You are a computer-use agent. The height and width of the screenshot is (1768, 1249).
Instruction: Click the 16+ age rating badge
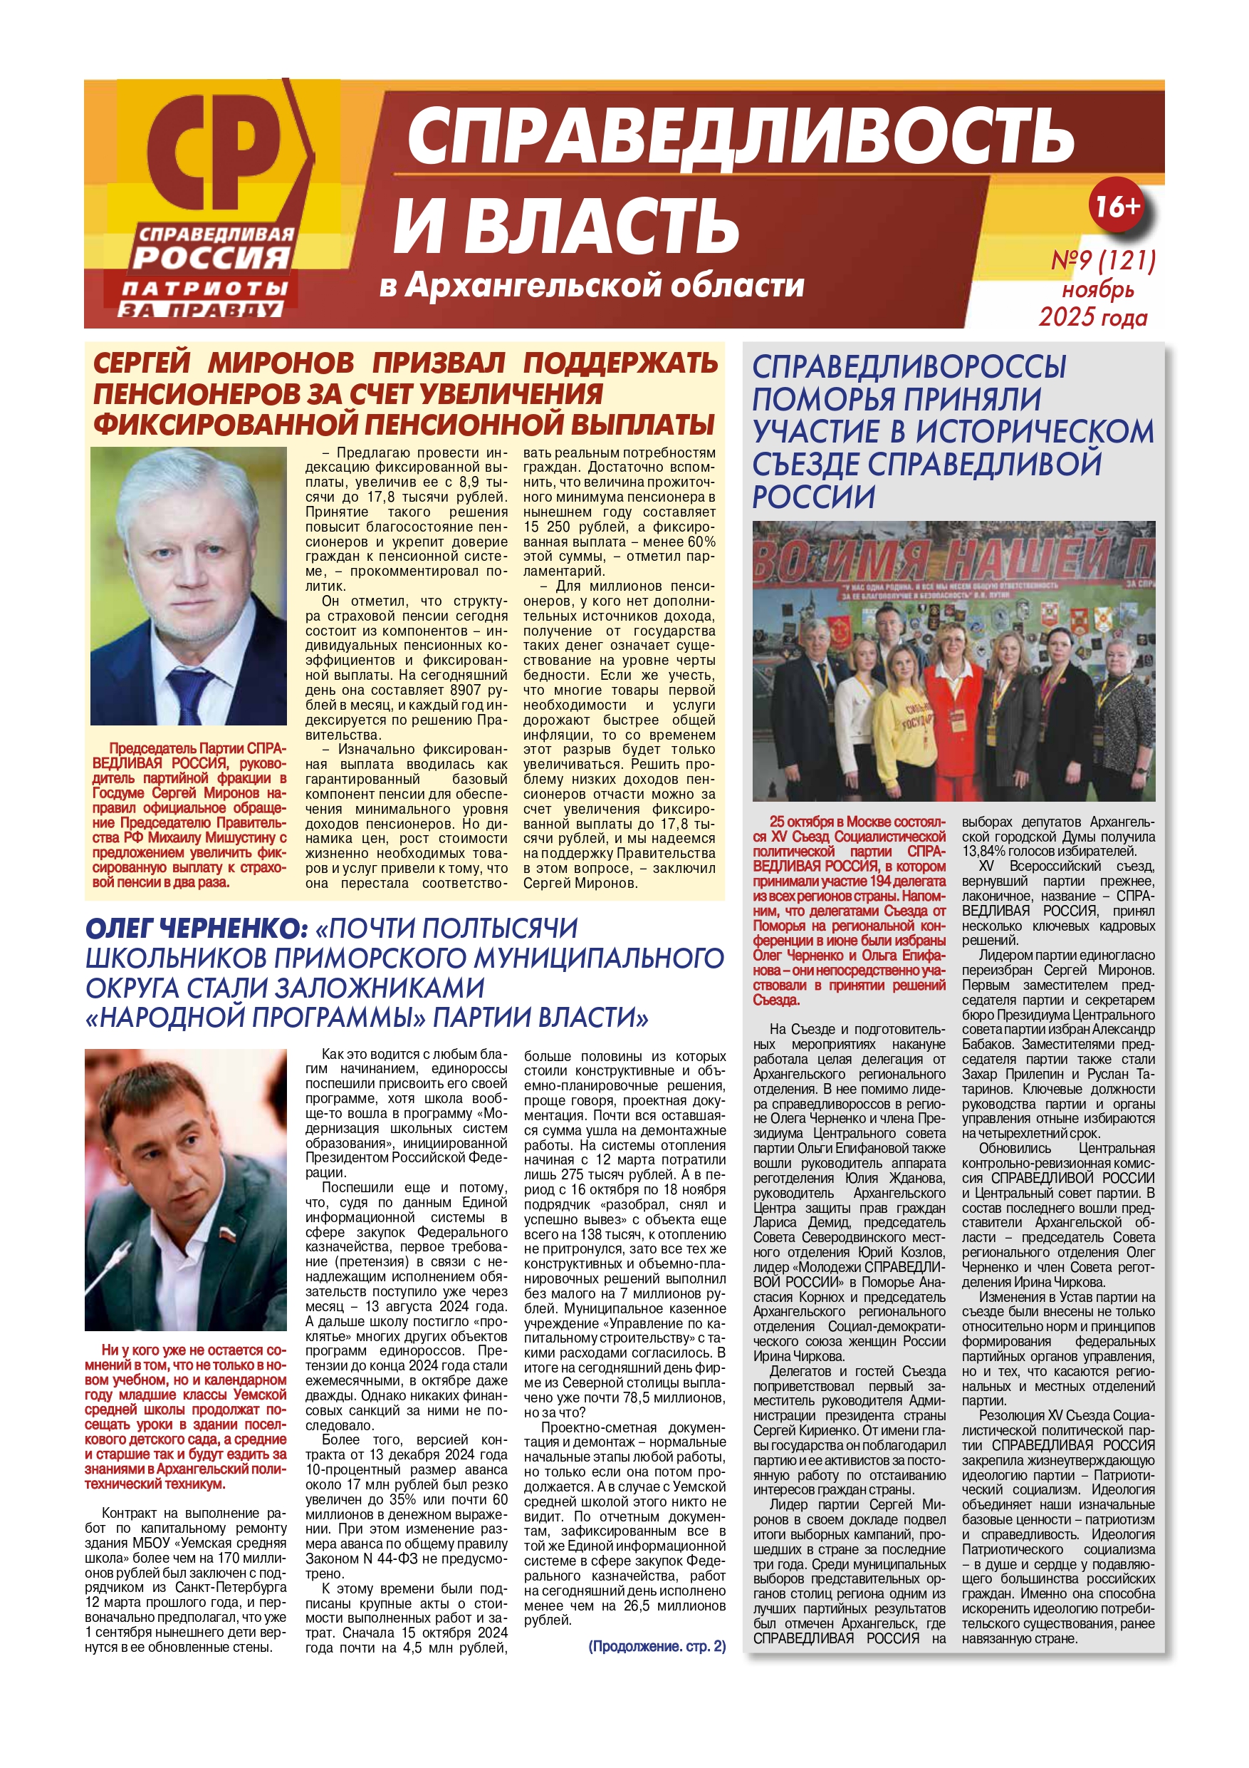click(x=1117, y=206)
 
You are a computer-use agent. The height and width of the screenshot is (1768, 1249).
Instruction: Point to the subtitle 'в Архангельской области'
click(x=591, y=286)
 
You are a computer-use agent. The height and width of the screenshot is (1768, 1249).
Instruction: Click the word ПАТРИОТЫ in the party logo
click(x=204, y=289)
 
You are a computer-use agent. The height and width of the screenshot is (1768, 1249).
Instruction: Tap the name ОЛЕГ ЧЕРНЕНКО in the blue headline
click(x=197, y=929)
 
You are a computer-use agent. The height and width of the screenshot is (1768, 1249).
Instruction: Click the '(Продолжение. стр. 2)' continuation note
click(x=657, y=1646)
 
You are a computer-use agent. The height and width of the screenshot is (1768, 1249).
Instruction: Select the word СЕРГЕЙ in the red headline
click(x=142, y=363)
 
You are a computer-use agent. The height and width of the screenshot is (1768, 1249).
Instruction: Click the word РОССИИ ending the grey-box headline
click(x=813, y=497)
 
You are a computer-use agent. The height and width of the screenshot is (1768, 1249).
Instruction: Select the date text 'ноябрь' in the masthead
click(x=1098, y=289)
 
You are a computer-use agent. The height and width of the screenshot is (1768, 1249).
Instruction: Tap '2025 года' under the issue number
click(x=1093, y=317)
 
